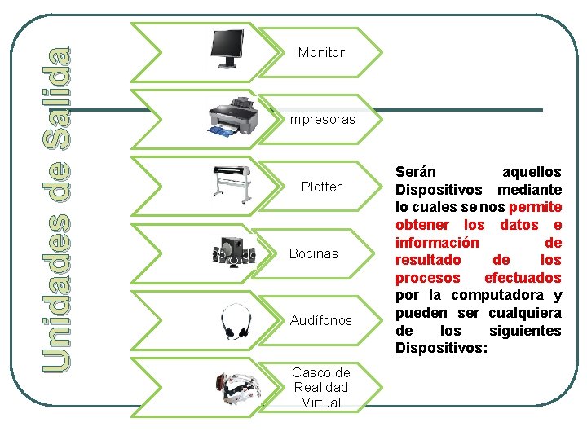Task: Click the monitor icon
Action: click(x=228, y=48)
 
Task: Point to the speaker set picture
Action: click(x=233, y=252)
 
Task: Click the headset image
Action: click(x=236, y=320)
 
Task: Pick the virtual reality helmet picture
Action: click(x=235, y=387)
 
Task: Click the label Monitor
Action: click(x=321, y=52)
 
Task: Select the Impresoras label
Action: click(x=321, y=119)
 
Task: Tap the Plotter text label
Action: click(x=321, y=187)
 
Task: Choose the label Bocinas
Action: click(x=313, y=253)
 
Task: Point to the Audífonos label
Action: click(x=321, y=320)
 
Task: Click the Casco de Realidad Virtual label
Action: click(x=321, y=387)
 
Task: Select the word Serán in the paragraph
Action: click(x=416, y=173)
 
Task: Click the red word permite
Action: click(x=535, y=207)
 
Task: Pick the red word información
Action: click(x=437, y=243)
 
